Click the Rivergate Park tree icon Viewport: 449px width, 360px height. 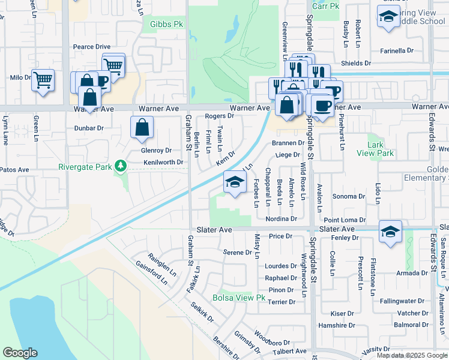(121, 166)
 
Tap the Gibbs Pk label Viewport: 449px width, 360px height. (162, 25)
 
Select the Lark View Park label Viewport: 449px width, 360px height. (379, 149)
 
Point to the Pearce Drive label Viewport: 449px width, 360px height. (92, 47)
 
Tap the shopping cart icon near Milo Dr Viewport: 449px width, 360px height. (43, 80)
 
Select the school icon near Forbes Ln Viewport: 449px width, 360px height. (234, 182)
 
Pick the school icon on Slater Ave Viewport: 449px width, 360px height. (390, 232)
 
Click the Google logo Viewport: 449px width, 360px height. (20, 353)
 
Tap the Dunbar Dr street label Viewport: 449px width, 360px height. (89, 128)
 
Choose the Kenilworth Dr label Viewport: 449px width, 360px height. (163, 163)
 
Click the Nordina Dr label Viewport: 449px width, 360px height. (281, 219)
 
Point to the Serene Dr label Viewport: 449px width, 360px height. (237, 252)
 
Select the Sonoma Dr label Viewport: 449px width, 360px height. (349, 196)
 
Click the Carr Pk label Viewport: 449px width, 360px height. (326, 6)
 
